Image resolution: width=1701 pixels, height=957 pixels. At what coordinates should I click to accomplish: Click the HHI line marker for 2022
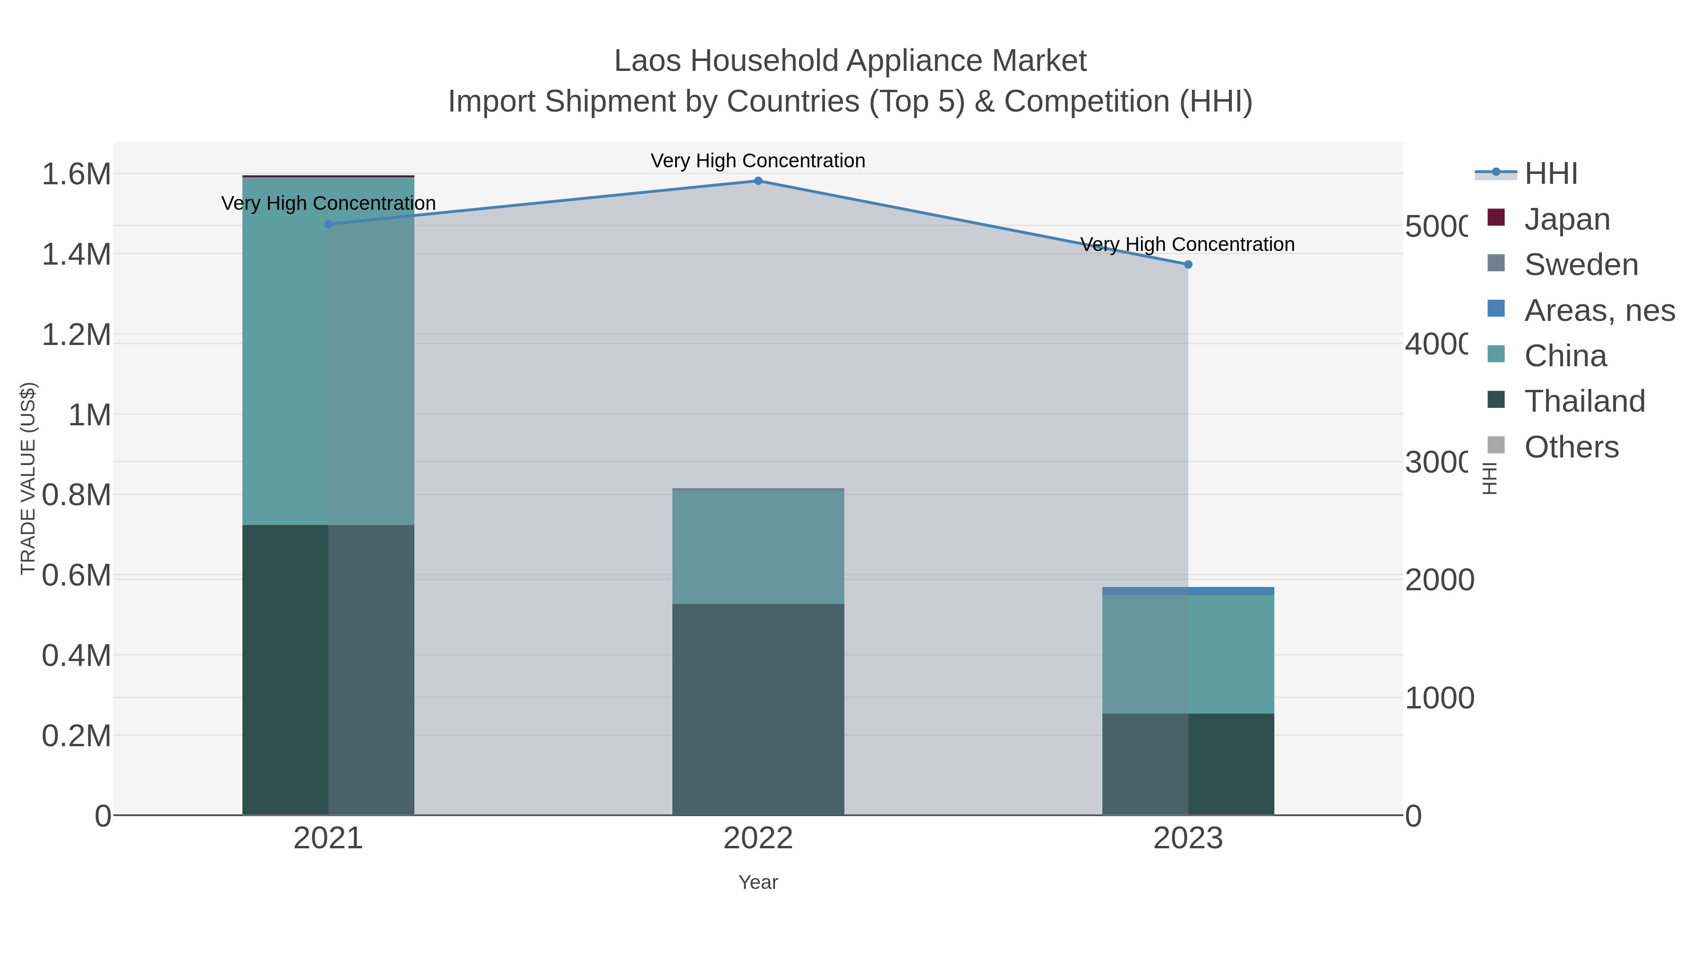tap(758, 181)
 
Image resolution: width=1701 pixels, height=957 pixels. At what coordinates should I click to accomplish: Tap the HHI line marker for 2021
tap(328, 224)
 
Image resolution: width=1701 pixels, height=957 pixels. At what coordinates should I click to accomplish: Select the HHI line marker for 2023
tap(1188, 265)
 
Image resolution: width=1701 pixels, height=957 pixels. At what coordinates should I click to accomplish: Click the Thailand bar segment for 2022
tap(758, 709)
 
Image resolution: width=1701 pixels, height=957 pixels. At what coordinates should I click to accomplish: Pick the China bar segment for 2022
tap(758, 546)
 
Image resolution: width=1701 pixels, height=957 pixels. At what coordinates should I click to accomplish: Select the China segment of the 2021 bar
tap(328, 351)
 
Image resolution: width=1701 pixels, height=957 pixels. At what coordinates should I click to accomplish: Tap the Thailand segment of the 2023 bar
tap(1188, 764)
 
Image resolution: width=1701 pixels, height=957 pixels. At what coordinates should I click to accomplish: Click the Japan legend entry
tap(1566, 219)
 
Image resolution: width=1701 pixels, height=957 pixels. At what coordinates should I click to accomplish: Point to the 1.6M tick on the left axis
tap(76, 174)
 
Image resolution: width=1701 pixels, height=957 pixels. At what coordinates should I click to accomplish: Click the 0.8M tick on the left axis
tap(76, 495)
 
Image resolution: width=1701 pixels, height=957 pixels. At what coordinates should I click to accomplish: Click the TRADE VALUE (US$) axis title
tap(28, 478)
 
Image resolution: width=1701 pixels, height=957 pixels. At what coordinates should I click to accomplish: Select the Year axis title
tap(758, 882)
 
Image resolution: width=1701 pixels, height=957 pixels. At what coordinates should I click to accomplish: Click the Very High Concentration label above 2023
tap(1187, 244)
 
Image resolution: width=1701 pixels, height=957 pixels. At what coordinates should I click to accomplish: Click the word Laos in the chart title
tap(647, 61)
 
